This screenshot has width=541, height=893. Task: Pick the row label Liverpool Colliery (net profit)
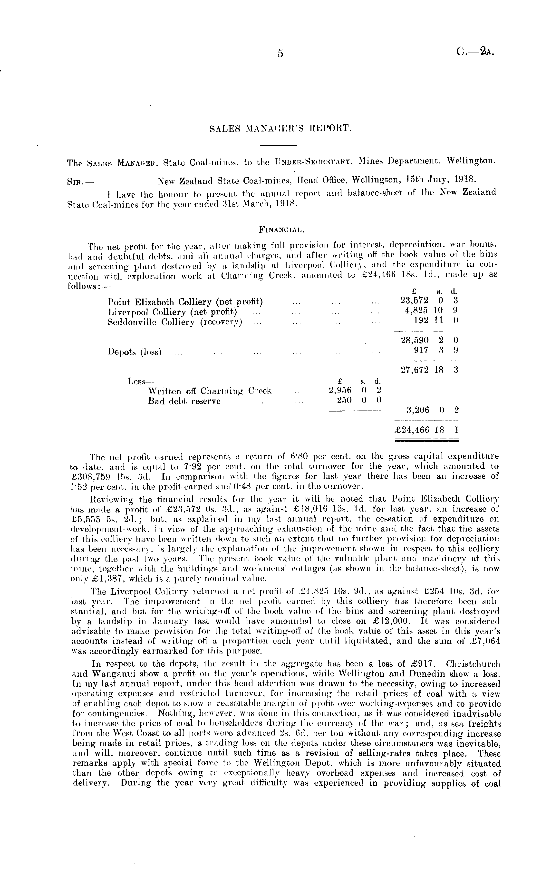[172, 312]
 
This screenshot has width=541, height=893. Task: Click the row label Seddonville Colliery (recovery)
[175, 322]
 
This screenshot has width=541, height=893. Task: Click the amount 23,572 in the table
[415, 301]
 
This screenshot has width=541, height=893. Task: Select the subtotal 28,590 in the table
[415, 340]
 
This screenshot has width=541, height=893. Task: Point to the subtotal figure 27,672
[415, 370]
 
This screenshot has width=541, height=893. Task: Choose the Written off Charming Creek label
[210, 391]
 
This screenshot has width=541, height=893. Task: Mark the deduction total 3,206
[418, 410]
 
